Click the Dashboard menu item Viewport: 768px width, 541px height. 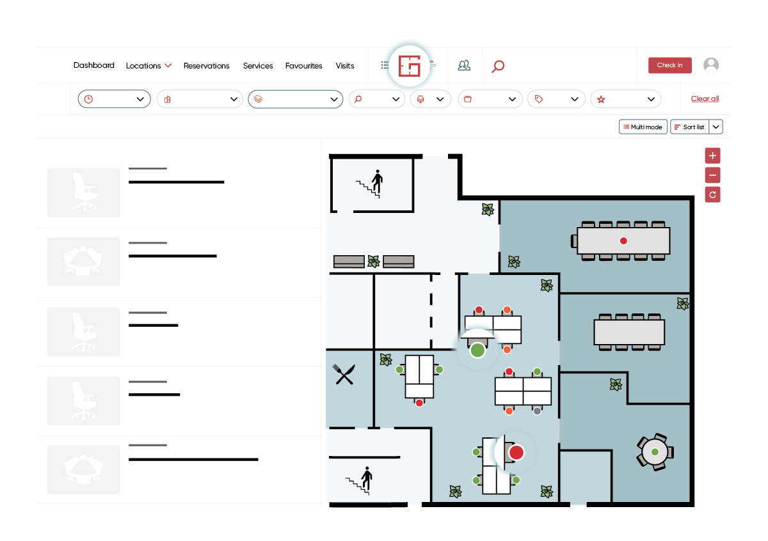coord(94,65)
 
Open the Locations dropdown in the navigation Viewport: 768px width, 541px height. coord(148,65)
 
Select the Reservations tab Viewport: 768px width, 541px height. coord(206,65)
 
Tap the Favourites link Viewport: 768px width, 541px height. coord(304,65)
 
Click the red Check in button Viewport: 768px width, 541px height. coord(669,65)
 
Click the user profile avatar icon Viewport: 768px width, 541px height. coord(711,65)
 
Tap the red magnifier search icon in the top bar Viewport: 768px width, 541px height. coord(498,66)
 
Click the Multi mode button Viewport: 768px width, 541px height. coord(643,127)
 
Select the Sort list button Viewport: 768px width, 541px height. coord(689,127)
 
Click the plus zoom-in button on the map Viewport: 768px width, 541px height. coord(712,155)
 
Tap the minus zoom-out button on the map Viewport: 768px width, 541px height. coord(712,175)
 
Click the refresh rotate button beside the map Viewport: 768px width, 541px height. coord(712,194)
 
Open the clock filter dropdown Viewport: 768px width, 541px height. coord(114,99)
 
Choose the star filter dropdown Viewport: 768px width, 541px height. coord(626,99)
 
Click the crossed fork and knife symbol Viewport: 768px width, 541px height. coord(344,374)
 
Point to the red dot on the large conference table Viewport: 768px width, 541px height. coord(623,241)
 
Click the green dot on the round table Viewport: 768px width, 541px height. coord(655,452)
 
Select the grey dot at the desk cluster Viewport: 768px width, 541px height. coord(537,411)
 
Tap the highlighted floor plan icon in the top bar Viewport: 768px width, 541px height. coord(410,66)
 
